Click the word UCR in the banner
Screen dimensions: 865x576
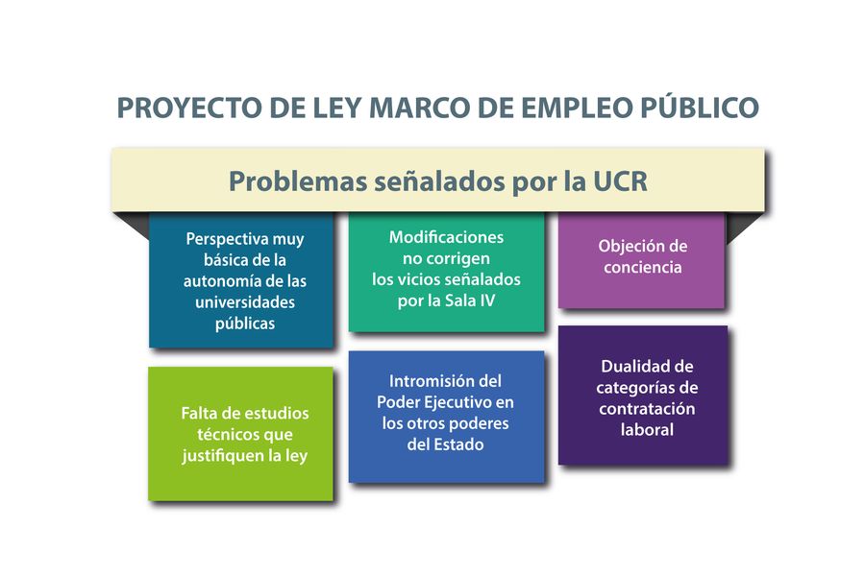coord(621,181)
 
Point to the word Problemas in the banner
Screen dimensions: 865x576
coord(298,181)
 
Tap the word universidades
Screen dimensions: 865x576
coord(245,302)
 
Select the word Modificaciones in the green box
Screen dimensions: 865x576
coord(446,237)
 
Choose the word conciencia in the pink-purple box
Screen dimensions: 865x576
coord(643,267)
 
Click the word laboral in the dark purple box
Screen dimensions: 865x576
coord(647,429)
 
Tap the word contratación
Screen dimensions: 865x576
coord(647,409)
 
